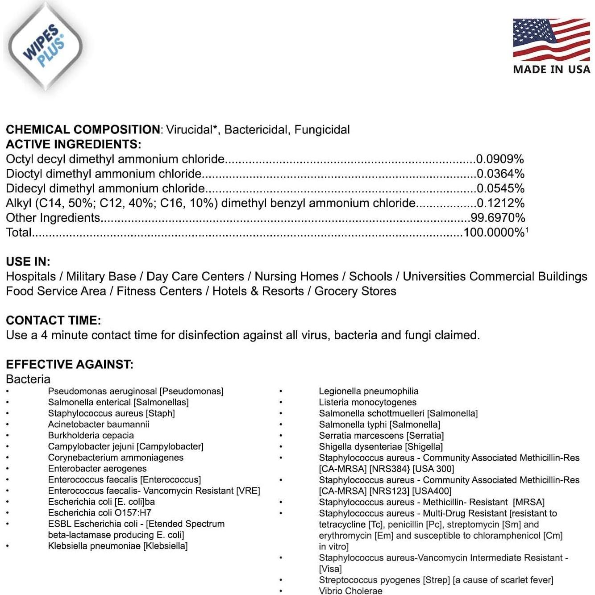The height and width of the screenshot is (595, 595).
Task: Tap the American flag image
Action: [551, 39]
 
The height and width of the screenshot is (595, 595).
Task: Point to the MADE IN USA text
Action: [552, 69]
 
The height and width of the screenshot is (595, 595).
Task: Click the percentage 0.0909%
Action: [500, 159]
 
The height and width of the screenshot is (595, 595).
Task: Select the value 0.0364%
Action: [500, 174]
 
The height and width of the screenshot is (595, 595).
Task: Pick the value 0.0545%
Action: [500, 188]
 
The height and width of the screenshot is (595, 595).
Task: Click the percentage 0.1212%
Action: [500, 203]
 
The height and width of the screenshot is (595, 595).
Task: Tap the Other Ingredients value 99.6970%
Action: [498, 218]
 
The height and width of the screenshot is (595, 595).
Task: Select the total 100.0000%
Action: [494, 233]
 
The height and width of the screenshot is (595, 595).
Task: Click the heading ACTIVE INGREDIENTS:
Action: [73, 144]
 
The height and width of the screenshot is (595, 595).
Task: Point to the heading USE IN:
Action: [28, 262]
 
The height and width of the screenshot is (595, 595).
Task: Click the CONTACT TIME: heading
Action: [54, 320]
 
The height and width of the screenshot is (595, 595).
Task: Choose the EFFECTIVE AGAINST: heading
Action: [70, 364]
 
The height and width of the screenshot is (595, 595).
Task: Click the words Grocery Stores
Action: [355, 291]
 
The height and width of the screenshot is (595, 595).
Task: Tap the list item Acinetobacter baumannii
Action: [99, 424]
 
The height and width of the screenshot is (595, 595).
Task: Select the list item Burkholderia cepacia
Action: [91, 435]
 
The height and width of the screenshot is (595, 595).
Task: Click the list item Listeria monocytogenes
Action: [368, 402]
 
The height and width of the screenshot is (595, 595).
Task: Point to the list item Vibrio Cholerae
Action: [350, 591]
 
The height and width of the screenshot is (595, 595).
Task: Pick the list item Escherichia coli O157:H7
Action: [100, 512]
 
